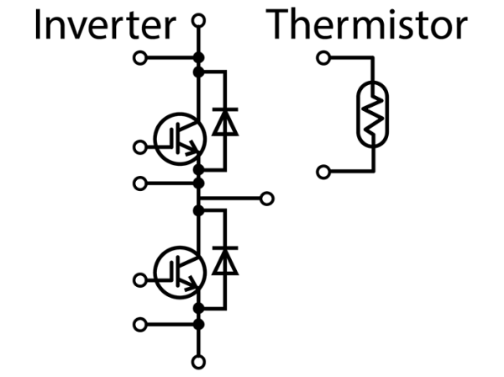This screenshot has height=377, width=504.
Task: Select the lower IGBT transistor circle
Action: pos(179,272)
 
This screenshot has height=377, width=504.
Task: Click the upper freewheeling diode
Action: pos(223,124)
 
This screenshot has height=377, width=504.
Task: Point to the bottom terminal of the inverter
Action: pos(198,364)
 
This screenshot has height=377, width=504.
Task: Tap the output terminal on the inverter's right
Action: pos(267,199)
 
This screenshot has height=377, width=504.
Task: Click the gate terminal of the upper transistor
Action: pos(139,147)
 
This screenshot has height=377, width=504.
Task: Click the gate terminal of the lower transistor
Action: pos(139,279)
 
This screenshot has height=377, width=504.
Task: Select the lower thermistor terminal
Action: pos(321,172)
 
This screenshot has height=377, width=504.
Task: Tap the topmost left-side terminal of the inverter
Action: pos(139,58)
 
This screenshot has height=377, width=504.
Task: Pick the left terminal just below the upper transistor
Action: pos(139,181)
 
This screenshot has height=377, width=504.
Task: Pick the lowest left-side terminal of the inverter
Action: pos(139,322)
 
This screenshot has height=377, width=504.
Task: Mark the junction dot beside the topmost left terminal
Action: pos(198,58)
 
